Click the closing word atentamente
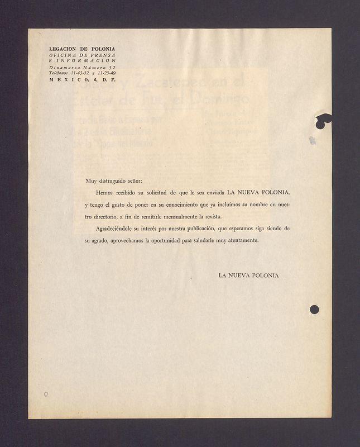[243, 241]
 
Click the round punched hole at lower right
[314, 309]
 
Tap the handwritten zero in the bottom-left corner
[46, 394]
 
